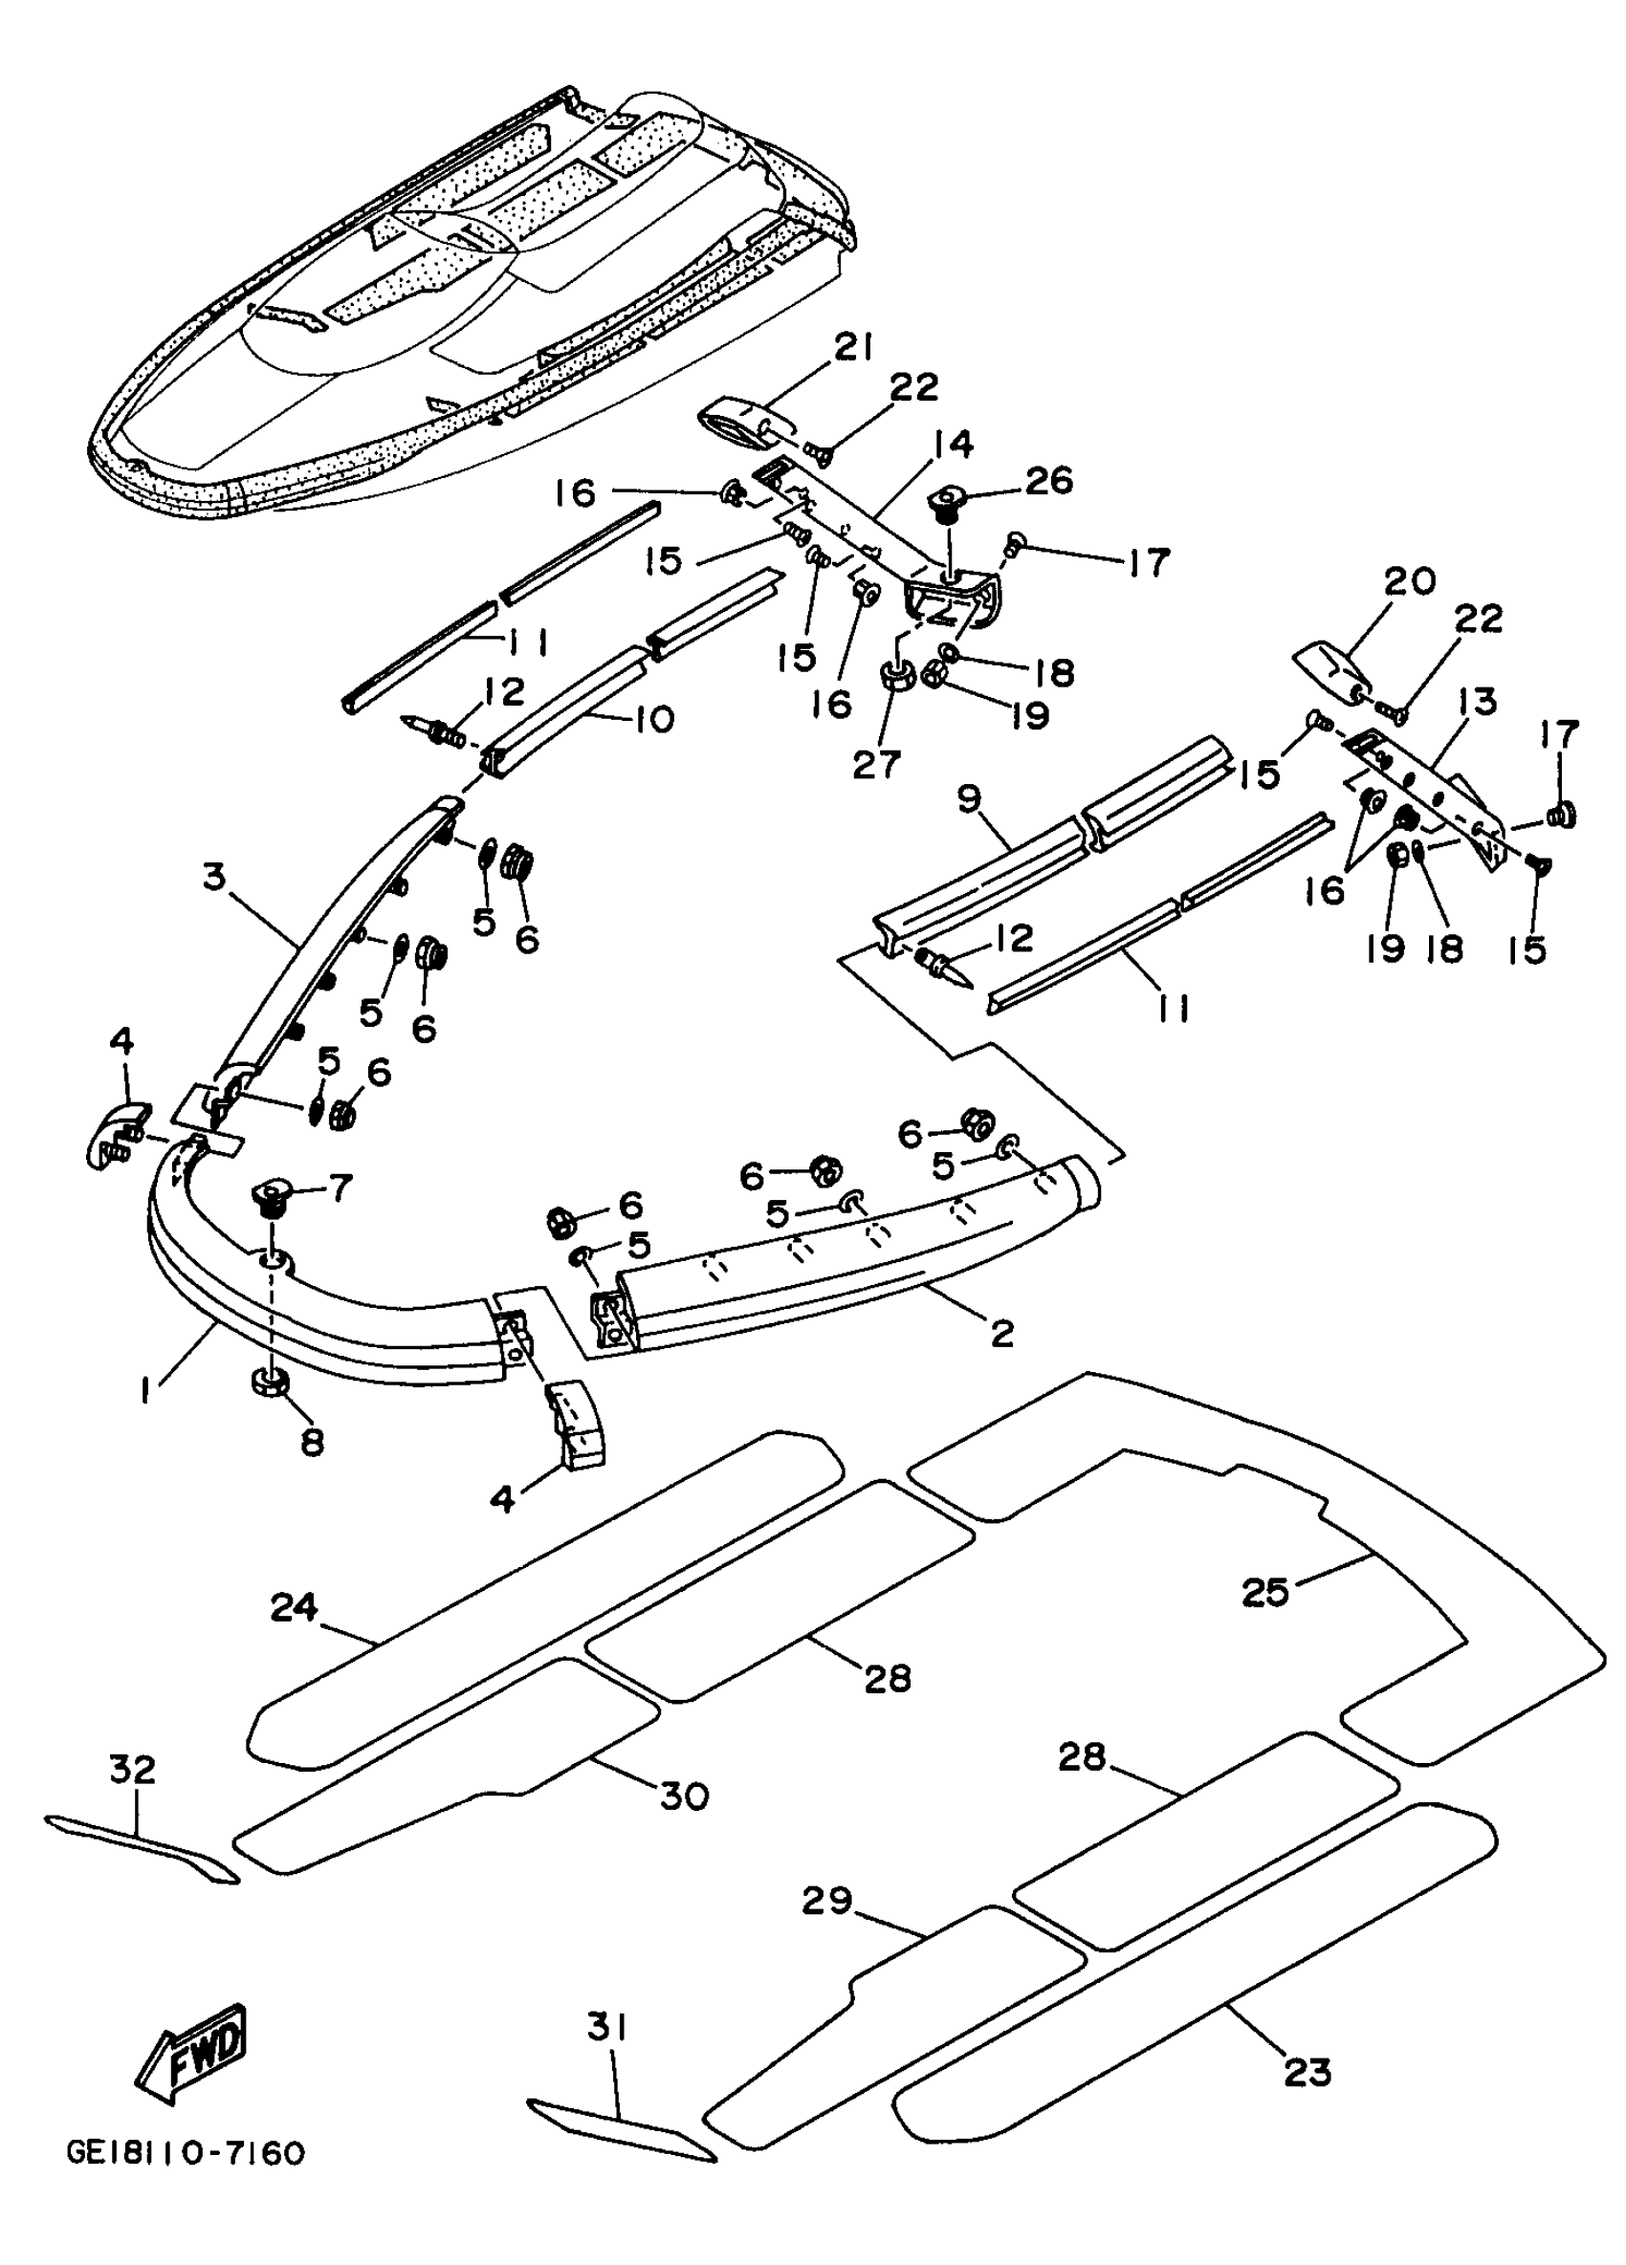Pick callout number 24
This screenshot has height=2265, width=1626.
pos(294,1607)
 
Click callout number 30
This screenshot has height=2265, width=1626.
pos(684,1797)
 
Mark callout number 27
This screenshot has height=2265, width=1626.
pos(877,764)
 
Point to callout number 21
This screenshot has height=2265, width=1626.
pos(853,347)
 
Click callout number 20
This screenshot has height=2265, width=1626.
pos(1408,581)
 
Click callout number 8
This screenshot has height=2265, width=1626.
pos(313,1442)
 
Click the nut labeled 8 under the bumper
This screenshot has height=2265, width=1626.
pos(269,1383)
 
